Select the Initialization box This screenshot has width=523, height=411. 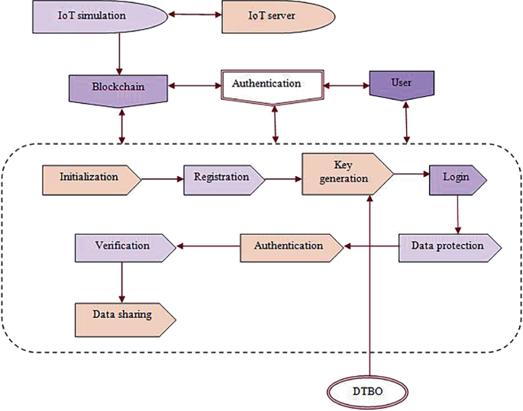pos(90,178)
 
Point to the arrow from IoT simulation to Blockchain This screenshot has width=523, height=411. pos(119,53)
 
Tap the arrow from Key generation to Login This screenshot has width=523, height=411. pos(410,175)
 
